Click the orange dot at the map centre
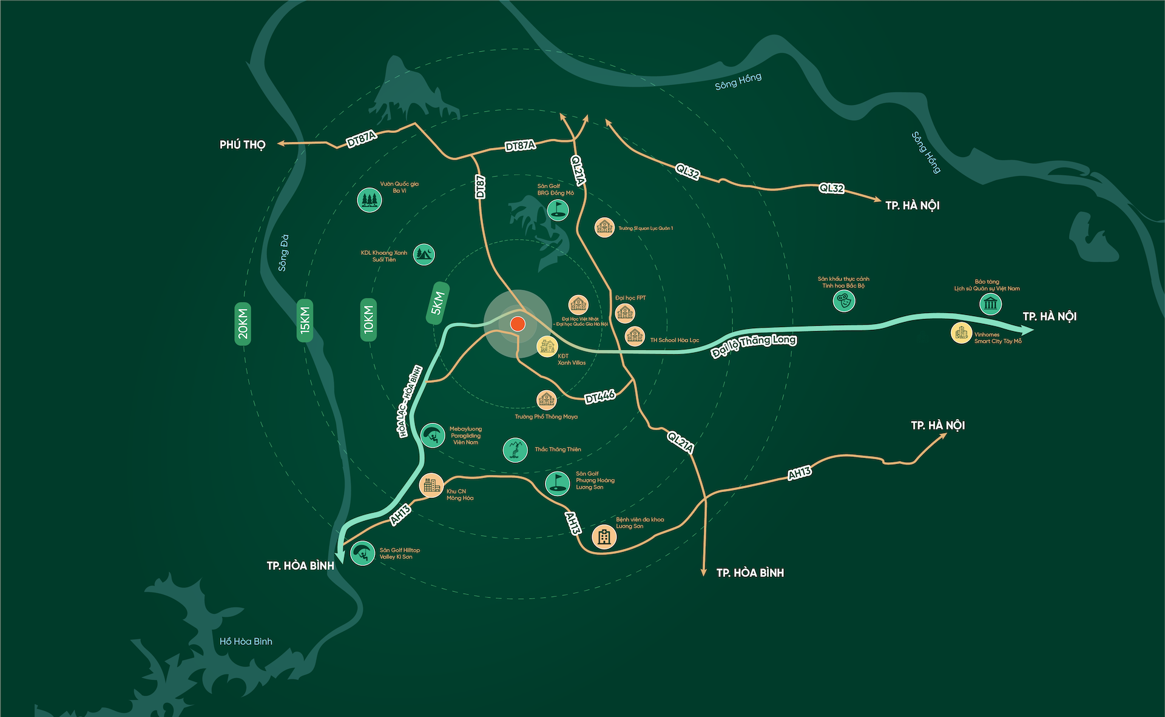pyautogui.click(x=517, y=323)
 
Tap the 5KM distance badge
pyautogui.click(x=437, y=303)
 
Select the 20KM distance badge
pyautogui.click(x=243, y=323)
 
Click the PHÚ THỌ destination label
pyautogui.click(x=243, y=144)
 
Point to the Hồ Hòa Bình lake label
pyautogui.click(x=246, y=641)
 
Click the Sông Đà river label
pyautogui.click(x=283, y=252)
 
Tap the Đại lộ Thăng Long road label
pyautogui.click(x=754, y=345)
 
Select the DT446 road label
pyautogui.click(x=599, y=397)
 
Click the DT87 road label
pyautogui.click(x=480, y=187)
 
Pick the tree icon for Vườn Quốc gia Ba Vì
pyautogui.click(x=370, y=200)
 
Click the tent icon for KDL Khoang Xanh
pyautogui.click(x=424, y=254)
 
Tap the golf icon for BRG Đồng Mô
pyautogui.click(x=557, y=210)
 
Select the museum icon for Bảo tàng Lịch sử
pyautogui.click(x=990, y=303)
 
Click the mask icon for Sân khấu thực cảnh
pyautogui.click(x=843, y=300)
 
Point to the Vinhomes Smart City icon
pyautogui.click(x=961, y=332)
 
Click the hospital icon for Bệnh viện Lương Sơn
pyautogui.click(x=604, y=536)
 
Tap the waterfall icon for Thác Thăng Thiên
pyautogui.click(x=515, y=449)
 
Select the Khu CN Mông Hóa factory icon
pyautogui.click(x=431, y=485)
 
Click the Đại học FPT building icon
pyautogui.click(x=624, y=313)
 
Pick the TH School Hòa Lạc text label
pyautogui.click(x=674, y=340)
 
